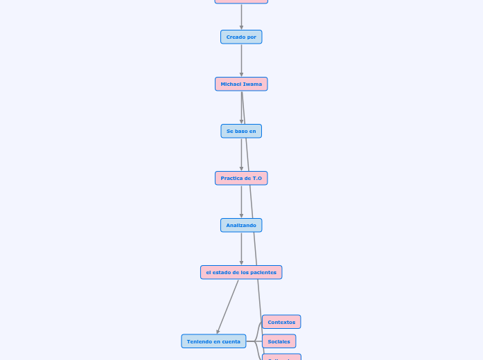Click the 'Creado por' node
coord(241,37)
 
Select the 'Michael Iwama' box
coord(241,84)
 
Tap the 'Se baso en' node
coord(241,131)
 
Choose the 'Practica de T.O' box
coord(241,178)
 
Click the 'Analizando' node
coord(241,225)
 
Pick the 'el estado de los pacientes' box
coord(241,272)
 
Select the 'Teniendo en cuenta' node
coord(213,341)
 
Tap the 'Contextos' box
coord(281,322)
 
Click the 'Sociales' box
coord(279,341)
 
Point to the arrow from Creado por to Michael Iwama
coord(241,61)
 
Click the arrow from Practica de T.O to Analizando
coord(241,202)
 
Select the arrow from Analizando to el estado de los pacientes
coord(241,249)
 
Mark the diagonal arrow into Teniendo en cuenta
coord(227,307)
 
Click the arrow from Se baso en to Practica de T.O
coord(241,155)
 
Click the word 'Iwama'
coord(252,84)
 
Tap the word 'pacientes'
coord(263,272)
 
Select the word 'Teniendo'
coord(199,341)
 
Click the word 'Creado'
coord(236,37)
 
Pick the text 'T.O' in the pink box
coord(257,178)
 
